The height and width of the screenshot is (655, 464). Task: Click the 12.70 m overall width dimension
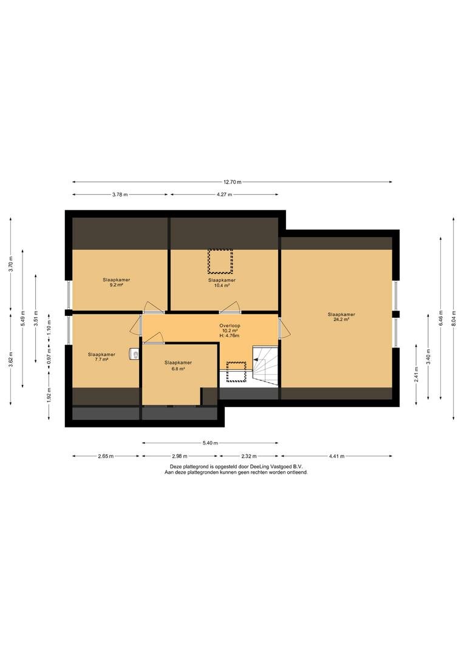coord(232,182)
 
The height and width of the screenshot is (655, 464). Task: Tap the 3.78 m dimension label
coord(120,194)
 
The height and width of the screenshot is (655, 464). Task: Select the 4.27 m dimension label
coord(224,194)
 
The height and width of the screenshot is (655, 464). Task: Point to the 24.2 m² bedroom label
coord(341,317)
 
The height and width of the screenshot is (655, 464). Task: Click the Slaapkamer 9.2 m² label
coord(117,283)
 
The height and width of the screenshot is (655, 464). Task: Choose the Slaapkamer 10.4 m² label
coord(222,283)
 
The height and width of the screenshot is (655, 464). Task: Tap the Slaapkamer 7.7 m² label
coord(101,357)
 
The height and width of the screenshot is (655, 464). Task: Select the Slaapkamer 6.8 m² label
coord(178,366)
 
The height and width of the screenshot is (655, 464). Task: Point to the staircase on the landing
coord(265,365)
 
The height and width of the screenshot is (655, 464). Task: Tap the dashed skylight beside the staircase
coord(236,372)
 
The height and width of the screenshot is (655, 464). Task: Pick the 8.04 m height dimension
coord(454,318)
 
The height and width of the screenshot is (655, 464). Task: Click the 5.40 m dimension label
coord(210,443)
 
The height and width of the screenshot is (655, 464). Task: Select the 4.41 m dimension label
coord(336,456)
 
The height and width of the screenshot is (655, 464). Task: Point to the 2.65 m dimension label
coord(106,456)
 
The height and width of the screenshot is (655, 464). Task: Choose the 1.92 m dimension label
coord(49,395)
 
